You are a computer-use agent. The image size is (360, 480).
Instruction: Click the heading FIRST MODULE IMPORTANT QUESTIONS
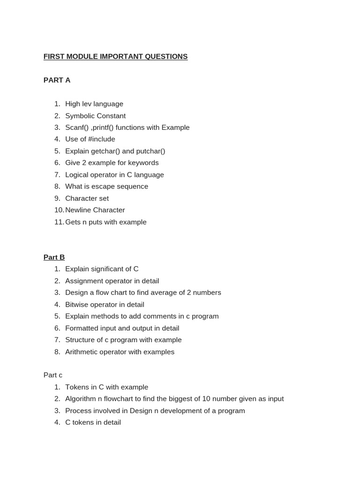coord(115,57)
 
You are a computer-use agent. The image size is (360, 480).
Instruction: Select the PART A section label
coord(57,80)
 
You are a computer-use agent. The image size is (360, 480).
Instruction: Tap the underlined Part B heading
coord(54,257)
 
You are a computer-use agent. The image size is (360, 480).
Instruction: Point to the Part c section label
coord(53,375)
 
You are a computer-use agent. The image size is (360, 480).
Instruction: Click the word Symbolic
coord(80,116)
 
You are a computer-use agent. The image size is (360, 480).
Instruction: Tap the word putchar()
coord(150,151)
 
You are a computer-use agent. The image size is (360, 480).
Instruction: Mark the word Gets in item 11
coord(73,222)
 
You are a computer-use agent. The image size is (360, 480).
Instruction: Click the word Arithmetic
coord(82,352)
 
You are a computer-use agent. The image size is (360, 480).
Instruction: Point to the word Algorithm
coord(81,399)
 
